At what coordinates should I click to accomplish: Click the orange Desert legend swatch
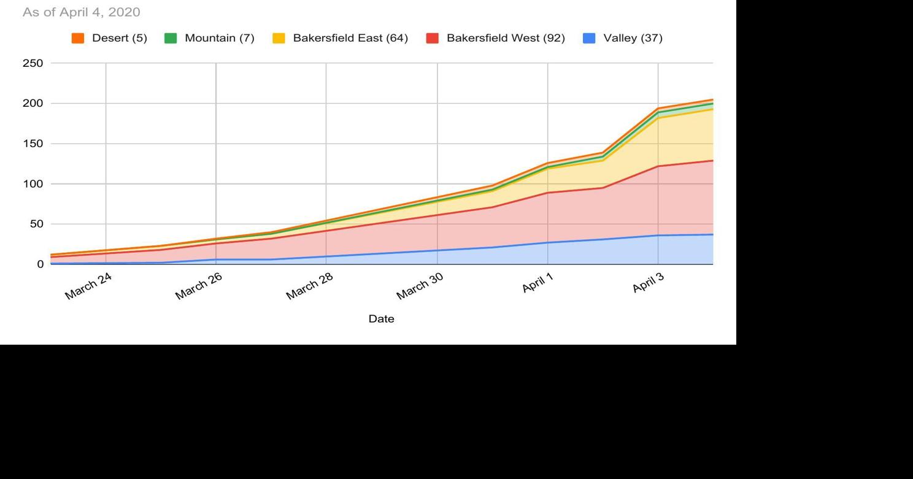[78, 38]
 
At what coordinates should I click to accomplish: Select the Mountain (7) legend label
[219, 38]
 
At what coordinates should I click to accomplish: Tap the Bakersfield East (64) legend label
[350, 38]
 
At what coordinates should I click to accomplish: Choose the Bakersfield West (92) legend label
[505, 38]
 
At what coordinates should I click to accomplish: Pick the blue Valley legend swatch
[589, 38]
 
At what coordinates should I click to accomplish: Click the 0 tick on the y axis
[40, 264]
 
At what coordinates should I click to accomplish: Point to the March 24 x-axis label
[88, 286]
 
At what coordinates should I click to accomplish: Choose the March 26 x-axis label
[199, 286]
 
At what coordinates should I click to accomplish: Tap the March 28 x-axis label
[309, 286]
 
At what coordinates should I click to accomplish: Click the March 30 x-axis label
[420, 286]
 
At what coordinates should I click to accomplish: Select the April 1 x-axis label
[537, 283]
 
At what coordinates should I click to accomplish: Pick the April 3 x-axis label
[648, 283]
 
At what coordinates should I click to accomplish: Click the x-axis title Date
[381, 319]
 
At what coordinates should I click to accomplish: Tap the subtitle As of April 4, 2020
[82, 12]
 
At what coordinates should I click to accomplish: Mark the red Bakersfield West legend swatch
[432, 38]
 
